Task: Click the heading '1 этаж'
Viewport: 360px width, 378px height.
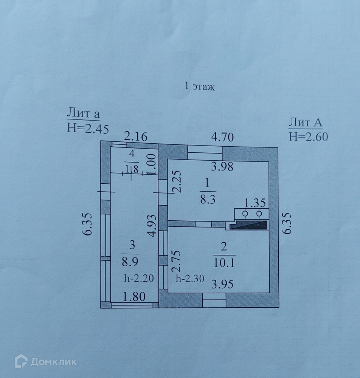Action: tap(199, 87)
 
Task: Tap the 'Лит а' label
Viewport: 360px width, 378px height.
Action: tap(83, 113)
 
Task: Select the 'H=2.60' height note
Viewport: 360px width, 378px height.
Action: tap(308, 136)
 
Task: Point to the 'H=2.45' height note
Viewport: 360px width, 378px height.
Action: tap(88, 129)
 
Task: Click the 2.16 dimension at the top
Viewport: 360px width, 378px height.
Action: tap(136, 136)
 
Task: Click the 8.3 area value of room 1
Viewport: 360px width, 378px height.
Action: tap(208, 200)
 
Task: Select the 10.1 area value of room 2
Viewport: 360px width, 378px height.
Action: tap(224, 262)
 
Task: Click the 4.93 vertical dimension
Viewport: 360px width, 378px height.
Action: tap(152, 225)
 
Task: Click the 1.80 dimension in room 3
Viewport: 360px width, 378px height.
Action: tap(134, 297)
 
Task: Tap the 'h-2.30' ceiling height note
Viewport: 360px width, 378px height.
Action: tap(190, 279)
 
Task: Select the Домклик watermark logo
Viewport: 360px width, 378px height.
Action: tap(45, 362)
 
